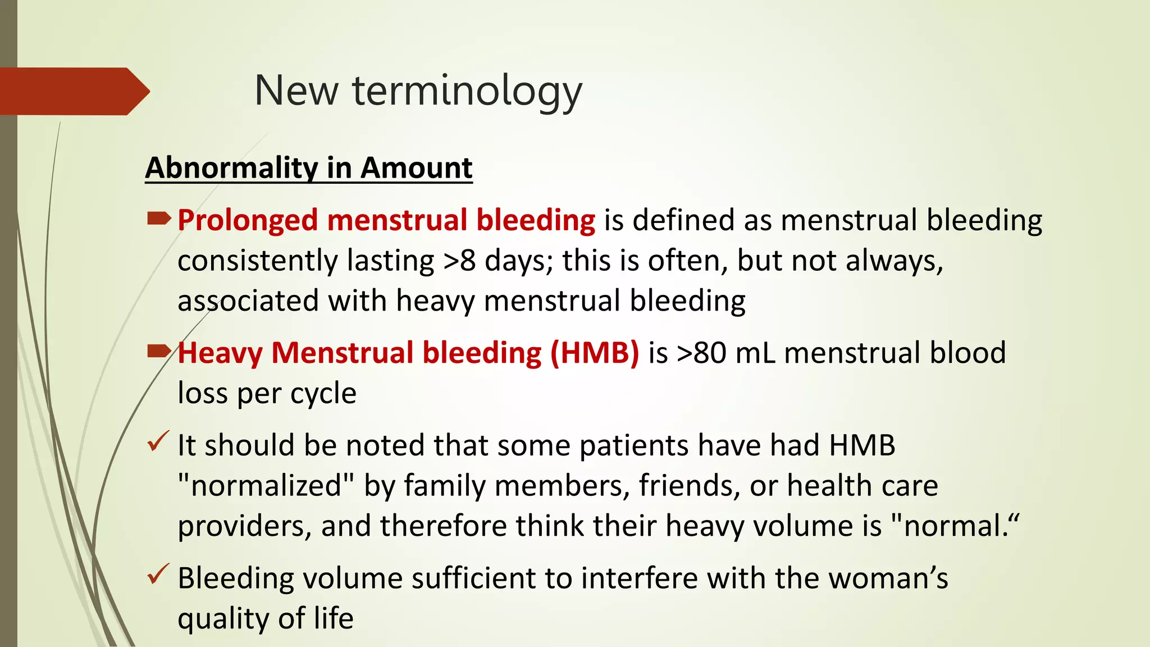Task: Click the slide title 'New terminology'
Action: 418,91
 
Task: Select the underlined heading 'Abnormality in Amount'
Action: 309,168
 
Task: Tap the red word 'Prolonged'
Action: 248,220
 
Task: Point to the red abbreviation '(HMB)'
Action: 595,353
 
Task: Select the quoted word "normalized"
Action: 266,486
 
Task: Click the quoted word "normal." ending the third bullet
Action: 955,526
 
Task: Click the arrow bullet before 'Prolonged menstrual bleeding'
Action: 158,219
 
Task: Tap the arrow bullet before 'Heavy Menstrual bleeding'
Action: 158,352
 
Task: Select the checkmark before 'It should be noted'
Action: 158,442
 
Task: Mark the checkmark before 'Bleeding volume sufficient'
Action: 158,575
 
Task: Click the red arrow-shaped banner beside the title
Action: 73,91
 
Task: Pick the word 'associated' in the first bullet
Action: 248,301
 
